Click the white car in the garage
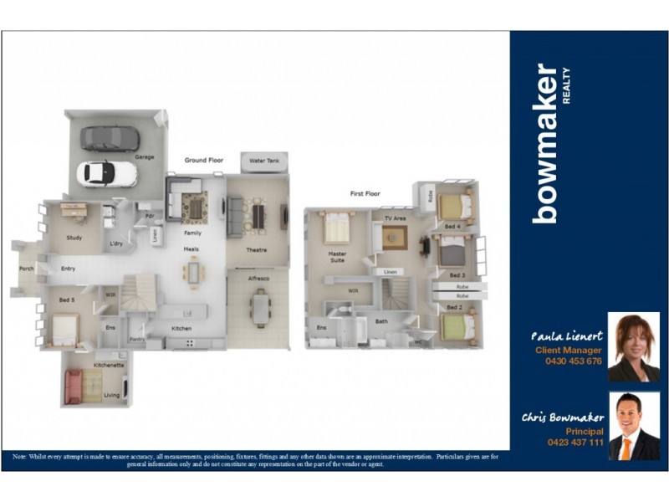(107, 172)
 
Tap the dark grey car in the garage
(110, 137)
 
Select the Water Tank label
(264, 160)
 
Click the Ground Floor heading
(204, 160)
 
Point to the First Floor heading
(365, 193)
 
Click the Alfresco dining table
(261, 307)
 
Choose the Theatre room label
(255, 250)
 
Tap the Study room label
(74, 238)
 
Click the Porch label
(27, 269)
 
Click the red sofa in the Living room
(74, 386)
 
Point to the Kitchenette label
(109, 366)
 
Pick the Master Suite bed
(337, 228)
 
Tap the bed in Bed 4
(452, 207)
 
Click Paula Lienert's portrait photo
(633, 346)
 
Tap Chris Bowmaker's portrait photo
(633, 427)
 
